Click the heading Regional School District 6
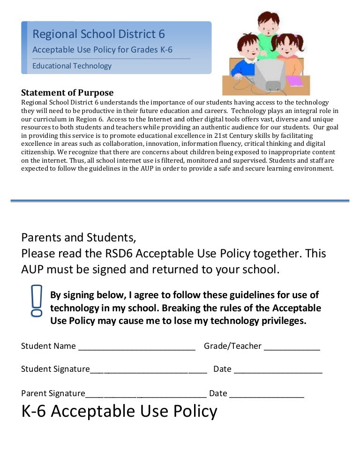(98, 34)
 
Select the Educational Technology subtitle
(72, 66)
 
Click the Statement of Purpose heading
(67, 92)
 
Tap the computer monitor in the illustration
(270, 75)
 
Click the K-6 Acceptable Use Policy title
(120, 411)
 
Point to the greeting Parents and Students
(79, 237)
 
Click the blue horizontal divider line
(180, 201)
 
